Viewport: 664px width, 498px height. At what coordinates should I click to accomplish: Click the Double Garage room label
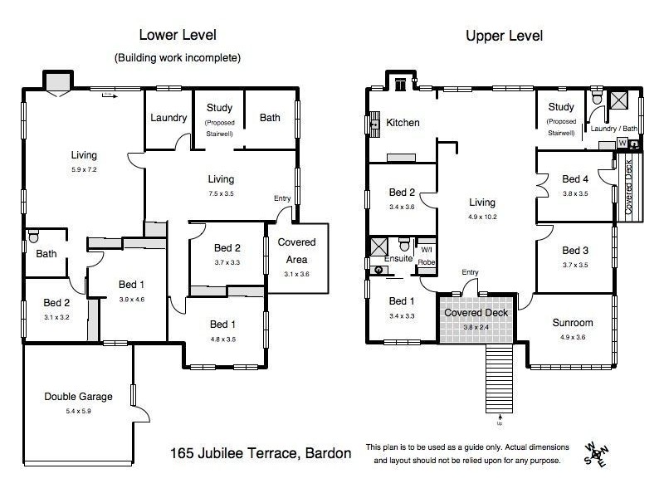pos(78,397)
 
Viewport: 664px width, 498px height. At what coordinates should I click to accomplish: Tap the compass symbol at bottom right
pos(595,452)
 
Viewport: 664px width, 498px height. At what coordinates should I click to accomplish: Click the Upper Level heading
pos(505,36)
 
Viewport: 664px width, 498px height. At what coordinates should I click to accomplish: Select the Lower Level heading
pos(177,36)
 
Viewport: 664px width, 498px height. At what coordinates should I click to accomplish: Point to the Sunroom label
pos(573,323)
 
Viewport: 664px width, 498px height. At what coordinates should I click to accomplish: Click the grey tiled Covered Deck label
pos(477,314)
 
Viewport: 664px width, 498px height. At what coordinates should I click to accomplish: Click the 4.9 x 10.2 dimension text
pos(481,217)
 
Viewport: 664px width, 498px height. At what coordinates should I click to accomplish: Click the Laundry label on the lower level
pos(168,118)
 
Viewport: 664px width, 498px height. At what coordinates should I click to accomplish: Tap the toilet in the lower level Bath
pos(33,237)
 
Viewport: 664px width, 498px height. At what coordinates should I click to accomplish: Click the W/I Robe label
pos(426,255)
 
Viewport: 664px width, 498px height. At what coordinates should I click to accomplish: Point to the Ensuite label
pos(398,259)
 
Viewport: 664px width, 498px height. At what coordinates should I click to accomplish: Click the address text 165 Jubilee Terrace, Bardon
pos(260,453)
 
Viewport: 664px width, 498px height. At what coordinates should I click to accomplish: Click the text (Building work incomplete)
pos(177,57)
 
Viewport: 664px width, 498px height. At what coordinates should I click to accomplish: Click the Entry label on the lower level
pos(283,198)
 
